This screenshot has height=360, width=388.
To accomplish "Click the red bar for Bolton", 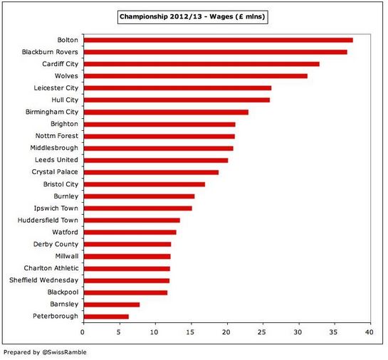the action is [x=219, y=40].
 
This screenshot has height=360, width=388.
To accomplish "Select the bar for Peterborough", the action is [x=106, y=317].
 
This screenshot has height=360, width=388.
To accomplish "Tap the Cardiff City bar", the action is [x=201, y=64].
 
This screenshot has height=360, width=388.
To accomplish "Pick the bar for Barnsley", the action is [x=112, y=305].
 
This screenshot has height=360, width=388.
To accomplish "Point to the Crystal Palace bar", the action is [x=151, y=172].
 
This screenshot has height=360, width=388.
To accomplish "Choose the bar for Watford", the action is [x=130, y=233].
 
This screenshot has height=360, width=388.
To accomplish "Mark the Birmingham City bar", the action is [x=166, y=112].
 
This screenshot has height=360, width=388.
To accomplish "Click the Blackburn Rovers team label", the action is [x=50, y=52].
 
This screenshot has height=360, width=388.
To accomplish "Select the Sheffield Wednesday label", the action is [x=44, y=280].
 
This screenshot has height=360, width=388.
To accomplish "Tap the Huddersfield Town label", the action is [x=48, y=220].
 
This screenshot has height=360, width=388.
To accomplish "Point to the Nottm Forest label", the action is [x=57, y=136].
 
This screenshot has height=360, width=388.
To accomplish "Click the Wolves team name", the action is [x=66, y=76].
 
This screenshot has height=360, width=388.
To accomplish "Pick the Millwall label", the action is [x=67, y=256].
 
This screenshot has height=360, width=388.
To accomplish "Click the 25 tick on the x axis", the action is [x=262, y=332].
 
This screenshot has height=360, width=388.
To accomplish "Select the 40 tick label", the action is [x=369, y=332].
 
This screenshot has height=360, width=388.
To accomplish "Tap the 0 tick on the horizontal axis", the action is [x=83, y=332].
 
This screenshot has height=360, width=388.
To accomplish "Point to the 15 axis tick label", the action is [x=190, y=332].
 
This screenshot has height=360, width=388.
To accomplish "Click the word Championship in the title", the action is [x=144, y=17].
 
